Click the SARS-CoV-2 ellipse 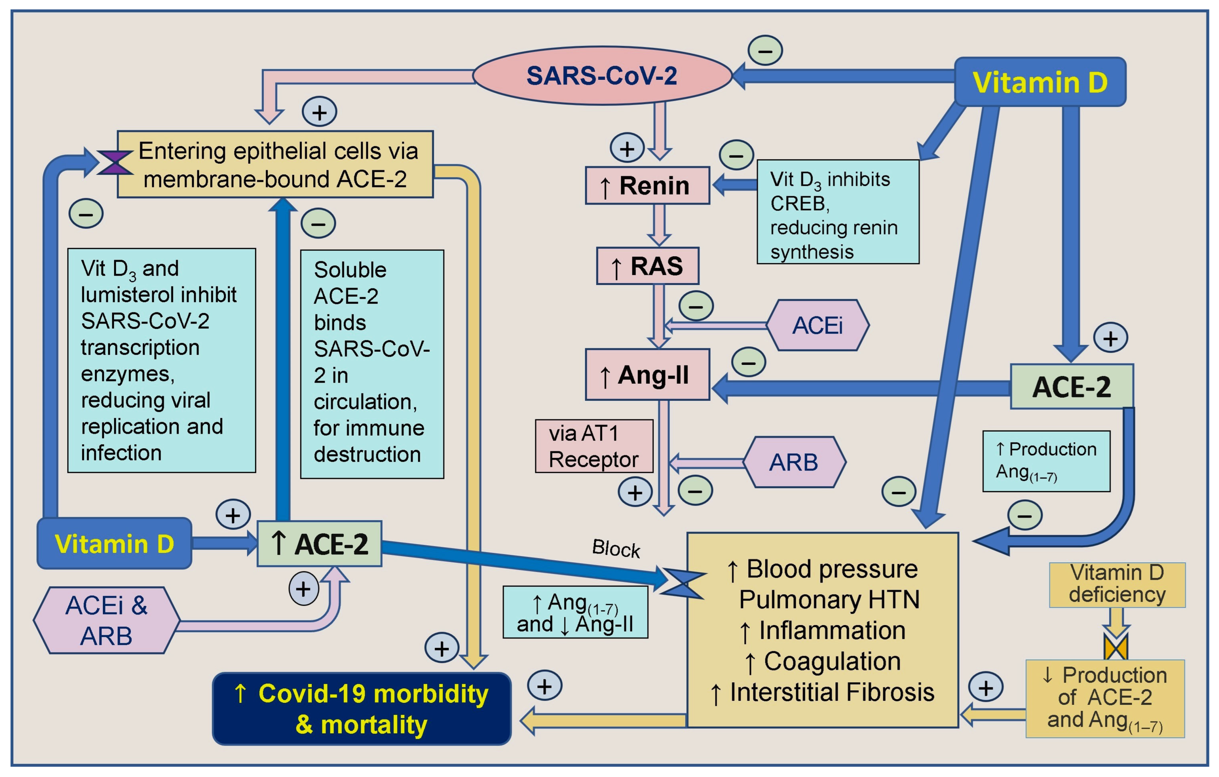[x=602, y=76]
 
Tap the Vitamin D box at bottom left [x=114, y=544]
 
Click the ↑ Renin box [x=647, y=185]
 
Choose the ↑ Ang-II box [x=647, y=375]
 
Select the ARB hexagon [x=794, y=462]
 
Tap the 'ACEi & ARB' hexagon [x=106, y=620]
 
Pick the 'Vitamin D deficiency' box [x=1117, y=585]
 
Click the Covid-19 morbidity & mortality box [x=361, y=709]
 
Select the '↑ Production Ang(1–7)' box [x=1046, y=461]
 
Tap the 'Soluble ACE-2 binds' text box [x=372, y=364]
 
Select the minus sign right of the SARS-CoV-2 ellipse [x=765, y=51]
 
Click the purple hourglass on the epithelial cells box [x=115, y=162]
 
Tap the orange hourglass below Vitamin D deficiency [x=1116, y=647]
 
